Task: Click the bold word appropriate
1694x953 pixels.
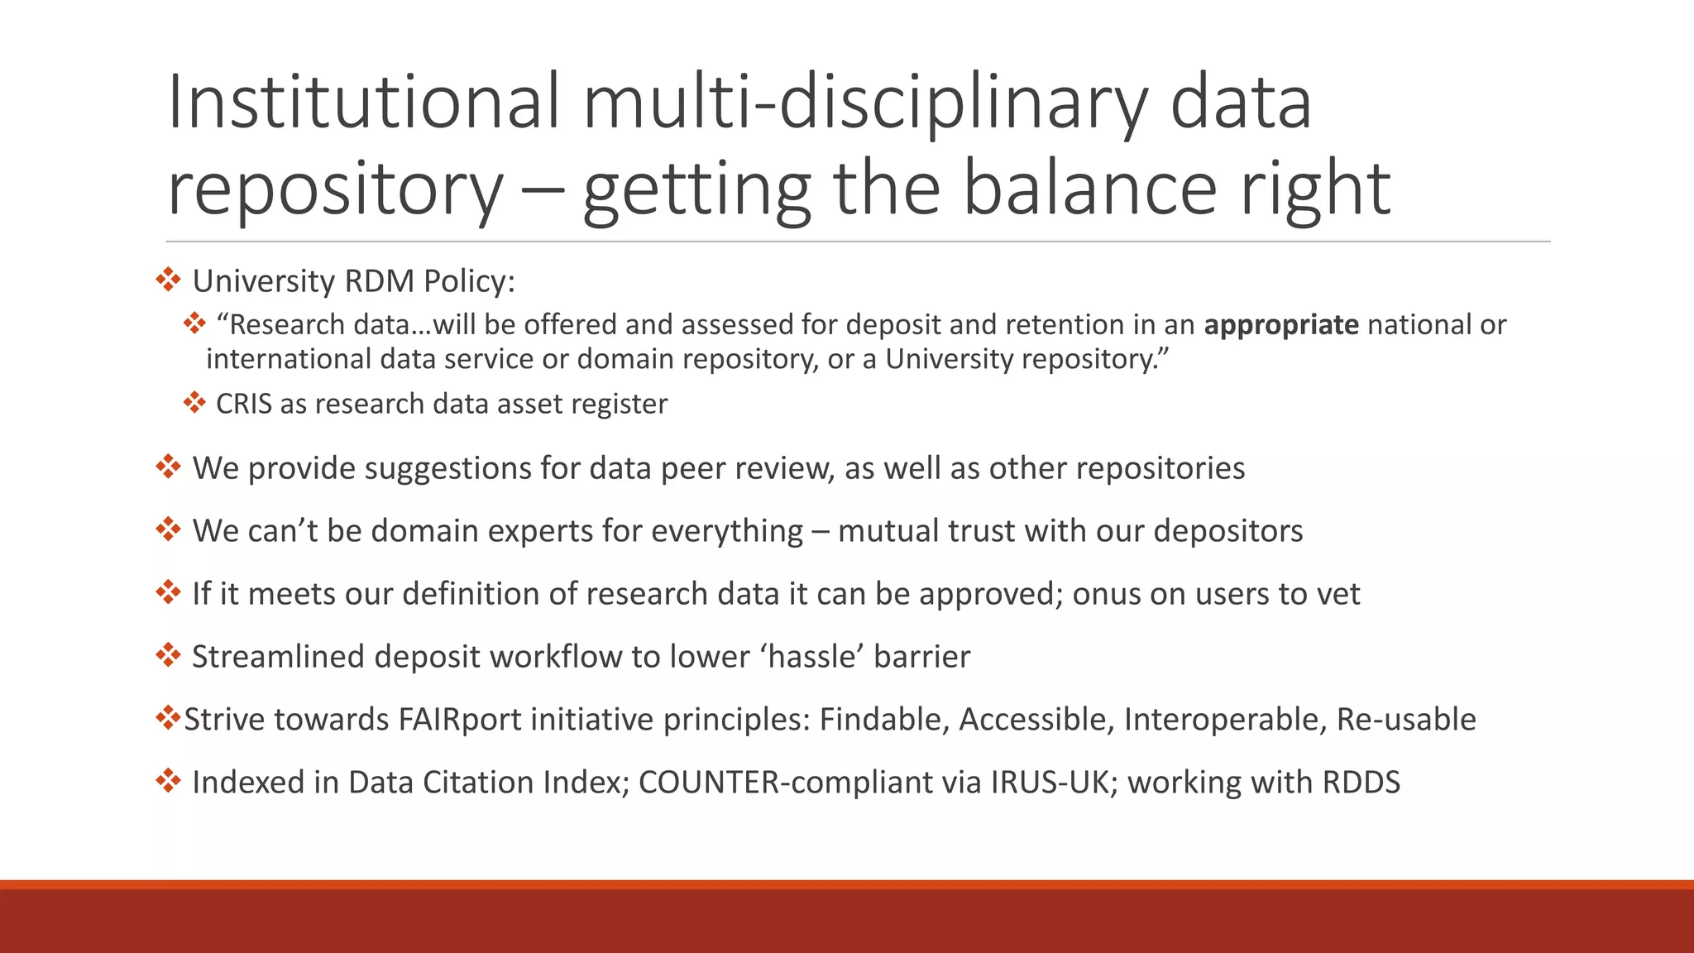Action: (1280, 324)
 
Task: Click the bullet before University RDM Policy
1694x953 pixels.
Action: (168, 280)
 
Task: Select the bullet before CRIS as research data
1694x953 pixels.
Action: (194, 403)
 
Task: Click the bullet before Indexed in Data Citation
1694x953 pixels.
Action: (168, 780)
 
